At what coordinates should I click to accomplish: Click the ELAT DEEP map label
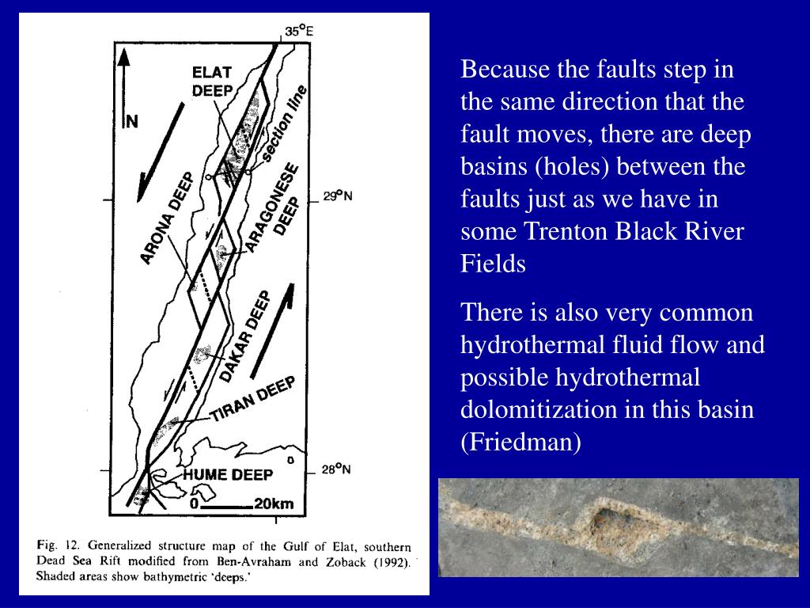point(212,81)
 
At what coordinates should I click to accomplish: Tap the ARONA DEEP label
point(166,217)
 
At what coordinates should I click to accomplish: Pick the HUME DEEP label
point(228,475)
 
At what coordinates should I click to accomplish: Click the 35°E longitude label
point(299,32)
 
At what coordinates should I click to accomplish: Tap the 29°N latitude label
point(337,196)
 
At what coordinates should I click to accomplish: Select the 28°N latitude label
point(336,469)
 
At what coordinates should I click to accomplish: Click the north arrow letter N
point(132,121)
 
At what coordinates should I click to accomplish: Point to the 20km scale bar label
point(274,503)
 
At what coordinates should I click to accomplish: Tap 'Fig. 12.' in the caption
point(59,545)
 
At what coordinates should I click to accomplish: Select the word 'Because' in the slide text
point(496,70)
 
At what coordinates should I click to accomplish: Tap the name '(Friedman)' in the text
point(520,442)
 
